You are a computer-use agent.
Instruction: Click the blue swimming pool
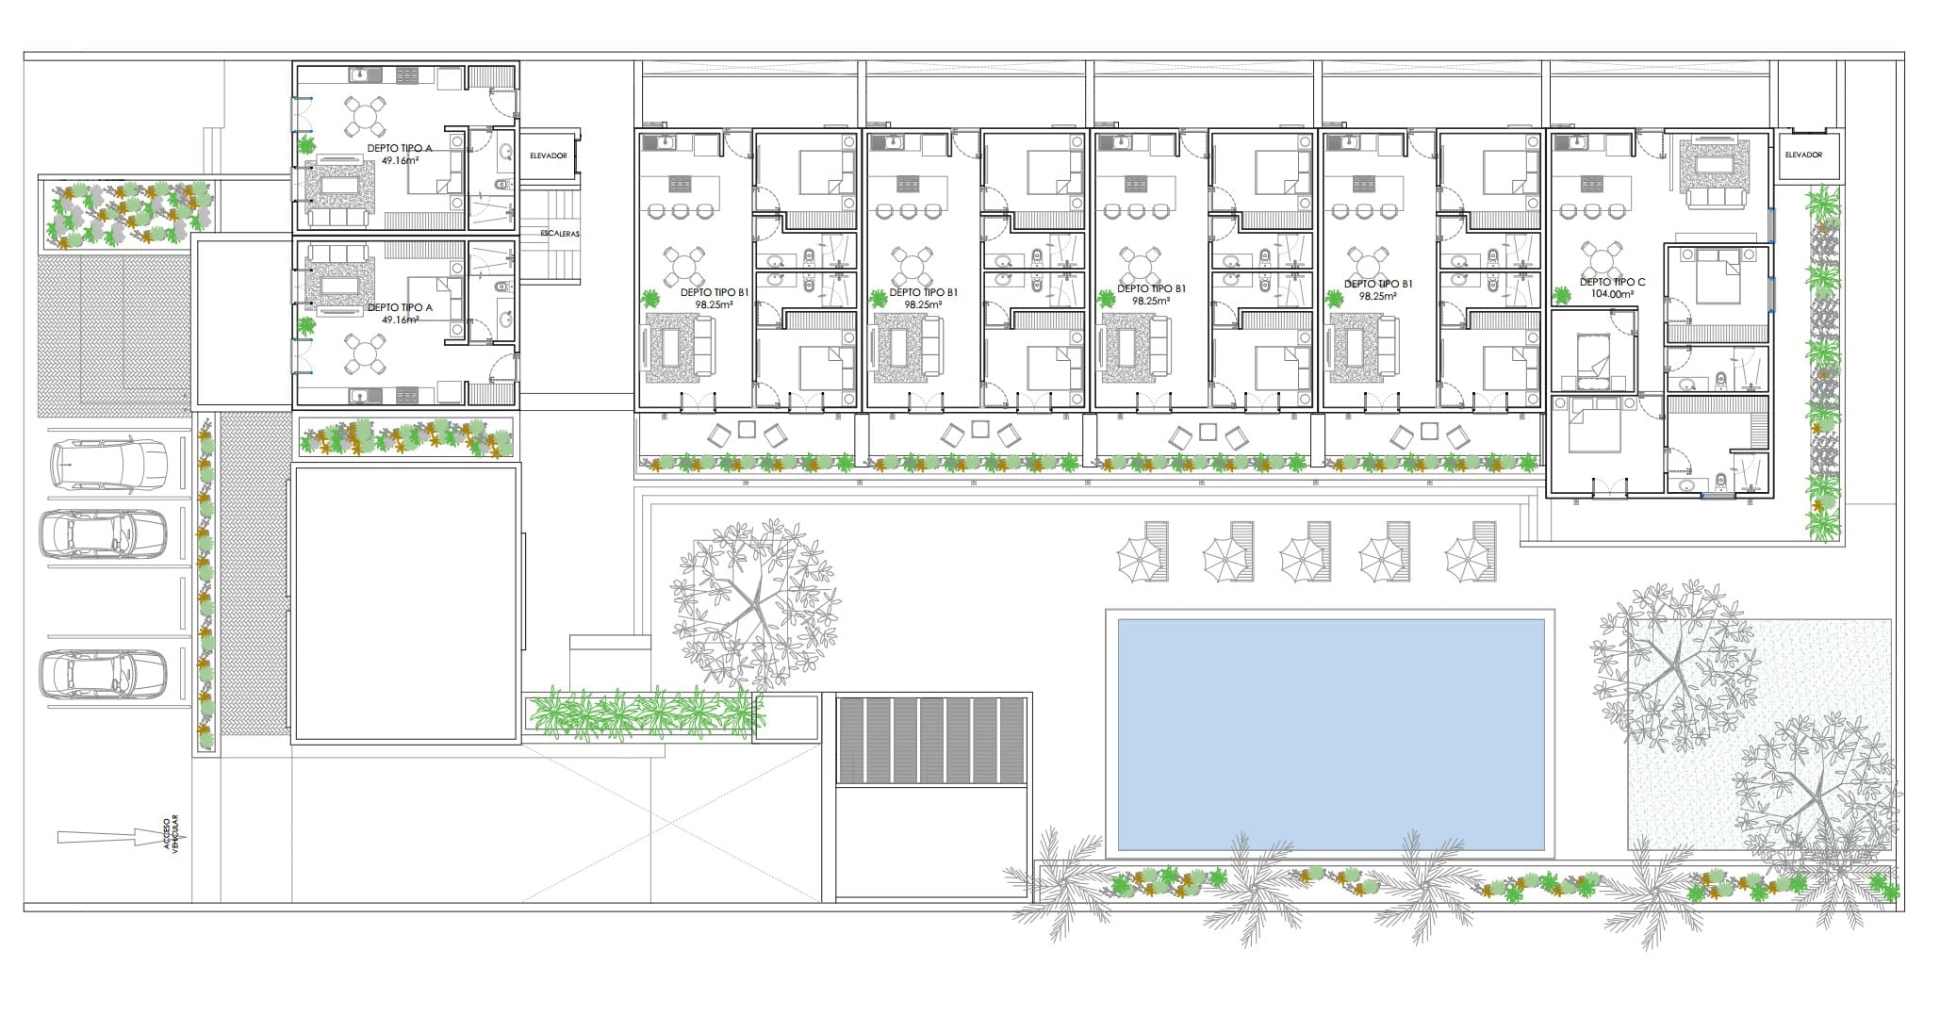pos(1330,734)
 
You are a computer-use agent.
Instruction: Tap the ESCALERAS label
pos(561,234)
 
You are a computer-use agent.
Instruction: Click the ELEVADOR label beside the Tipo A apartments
pos(549,156)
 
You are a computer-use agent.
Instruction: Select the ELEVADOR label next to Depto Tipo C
pos(1803,155)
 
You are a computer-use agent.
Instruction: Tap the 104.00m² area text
pos(1612,294)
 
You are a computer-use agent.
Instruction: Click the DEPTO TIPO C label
pos(1612,282)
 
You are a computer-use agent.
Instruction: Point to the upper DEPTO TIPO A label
pos(400,149)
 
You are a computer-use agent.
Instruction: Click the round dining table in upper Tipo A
pos(363,117)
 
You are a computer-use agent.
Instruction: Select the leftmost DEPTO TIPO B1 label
pos(715,293)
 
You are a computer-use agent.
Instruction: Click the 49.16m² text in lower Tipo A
pos(400,320)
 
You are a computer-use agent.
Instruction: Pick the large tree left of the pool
pos(755,601)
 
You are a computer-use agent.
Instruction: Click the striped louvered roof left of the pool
pos(930,741)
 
